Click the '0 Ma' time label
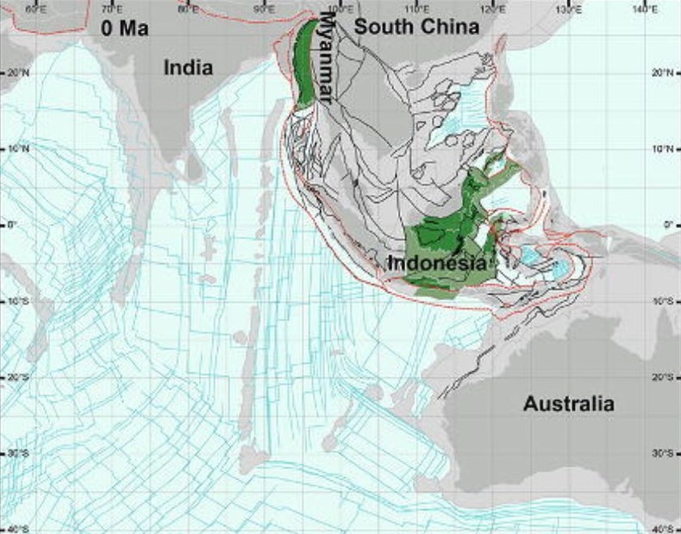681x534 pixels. [125, 28]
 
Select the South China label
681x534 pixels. [417, 27]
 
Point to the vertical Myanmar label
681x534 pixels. [328, 58]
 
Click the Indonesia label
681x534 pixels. [437, 263]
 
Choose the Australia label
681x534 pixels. [569, 403]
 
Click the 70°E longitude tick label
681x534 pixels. [111, 9]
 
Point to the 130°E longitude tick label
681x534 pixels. [568, 9]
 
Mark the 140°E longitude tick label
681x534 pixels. [644, 9]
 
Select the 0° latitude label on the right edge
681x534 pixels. [667, 224]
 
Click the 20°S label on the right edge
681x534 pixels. [664, 377]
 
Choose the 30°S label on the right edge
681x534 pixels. [664, 453]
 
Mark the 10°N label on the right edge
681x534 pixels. [664, 148]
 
